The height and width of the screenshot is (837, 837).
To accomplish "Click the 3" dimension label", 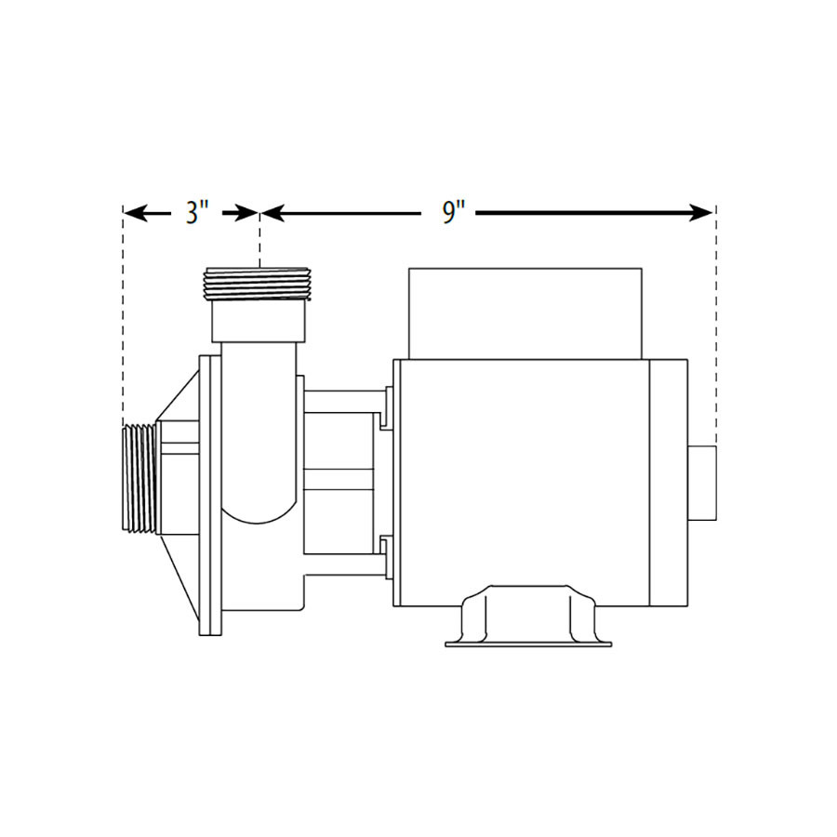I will (193, 213).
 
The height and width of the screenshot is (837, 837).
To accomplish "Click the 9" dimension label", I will (452, 213).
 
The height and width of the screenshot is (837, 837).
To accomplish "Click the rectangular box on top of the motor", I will (525, 312).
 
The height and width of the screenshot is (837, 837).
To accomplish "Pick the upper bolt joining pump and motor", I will (343, 402).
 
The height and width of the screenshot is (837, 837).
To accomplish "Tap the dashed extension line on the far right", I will (715, 325).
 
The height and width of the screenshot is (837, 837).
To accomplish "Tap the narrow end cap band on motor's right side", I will (669, 480).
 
